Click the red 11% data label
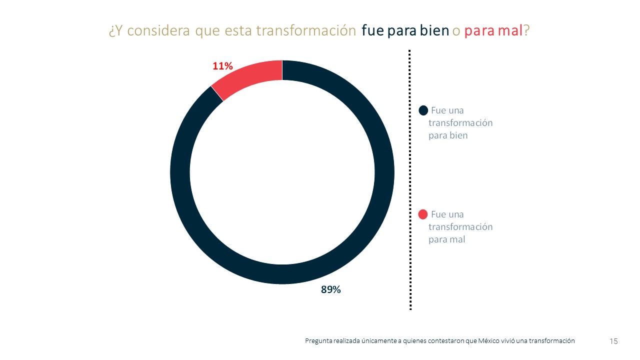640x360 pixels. pyautogui.click(x=222, y=66)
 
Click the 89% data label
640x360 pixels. pyautogui.click(x=330, y=289)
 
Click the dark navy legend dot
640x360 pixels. pyautogui.click(x=423, y=110)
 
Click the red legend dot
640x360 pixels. pyautogui.click(x=423, y=214)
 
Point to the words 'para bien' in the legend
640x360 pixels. pyautogui.click(x=448, y=135)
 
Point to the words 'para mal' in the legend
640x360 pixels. pyautogui.click(x=446, y=239)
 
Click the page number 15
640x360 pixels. pyautogui.click(x=613, y=341)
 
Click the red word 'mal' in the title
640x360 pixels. pyautogui.click(x=511, y=31)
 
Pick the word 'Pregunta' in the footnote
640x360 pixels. pyautogui.click(x=318, y=341)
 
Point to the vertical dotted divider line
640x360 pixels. pyautogui.click(x=410, y=180)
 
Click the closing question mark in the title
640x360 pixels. pyautogui.click(x=526, y=31)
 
